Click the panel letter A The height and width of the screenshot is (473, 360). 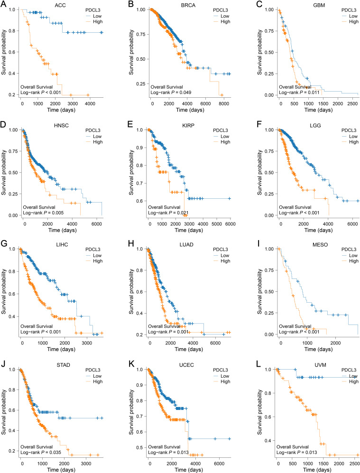click(x=4, y=5)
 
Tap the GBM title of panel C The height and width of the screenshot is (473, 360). click(x=319, y=5)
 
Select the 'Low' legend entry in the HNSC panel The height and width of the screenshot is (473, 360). click(x=97, y=136)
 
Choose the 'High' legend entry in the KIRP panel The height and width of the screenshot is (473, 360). click(x=225, y=142)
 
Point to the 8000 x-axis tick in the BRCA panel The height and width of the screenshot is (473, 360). click(x=223, y=104)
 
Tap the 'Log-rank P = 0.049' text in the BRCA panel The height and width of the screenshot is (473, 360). click(x=171, y=93)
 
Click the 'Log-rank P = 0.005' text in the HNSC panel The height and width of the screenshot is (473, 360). click(x=43, y=213)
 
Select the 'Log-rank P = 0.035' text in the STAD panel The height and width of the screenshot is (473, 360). click(x=41, y=452)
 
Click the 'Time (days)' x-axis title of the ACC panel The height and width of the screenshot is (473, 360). click(x=61, y=110)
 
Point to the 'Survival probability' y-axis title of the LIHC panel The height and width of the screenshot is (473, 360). click(x=4, y=292)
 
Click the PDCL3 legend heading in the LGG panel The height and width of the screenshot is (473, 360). click(x=349, y=130)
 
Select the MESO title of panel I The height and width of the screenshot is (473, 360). click(x=320, y=245)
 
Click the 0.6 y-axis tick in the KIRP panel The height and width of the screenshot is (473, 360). click(x=139, y=201)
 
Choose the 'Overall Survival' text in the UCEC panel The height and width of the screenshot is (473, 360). click(x=164, y=447)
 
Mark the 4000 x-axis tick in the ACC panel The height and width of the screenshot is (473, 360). click(x=90, y=104)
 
